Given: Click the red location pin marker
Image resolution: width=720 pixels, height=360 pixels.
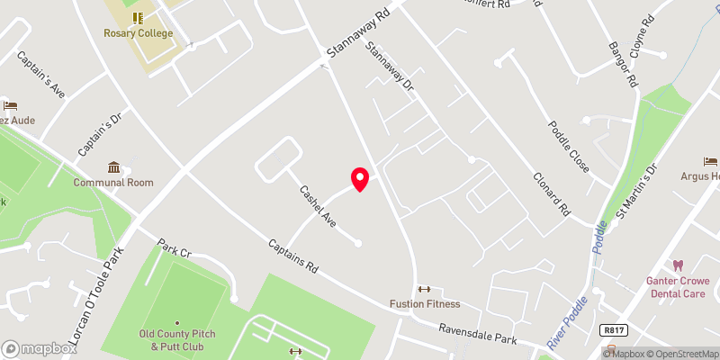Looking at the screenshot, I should click(x=360, y=179).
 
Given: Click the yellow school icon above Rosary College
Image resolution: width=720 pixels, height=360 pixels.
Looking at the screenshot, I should click(x=137, y=17).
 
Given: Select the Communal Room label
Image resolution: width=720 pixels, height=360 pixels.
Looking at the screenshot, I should click(x=113, y=183).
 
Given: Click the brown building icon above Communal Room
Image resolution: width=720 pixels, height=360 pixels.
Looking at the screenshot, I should click(x=114, y=167).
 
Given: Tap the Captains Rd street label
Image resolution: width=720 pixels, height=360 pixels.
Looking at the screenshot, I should click(x=293, y=256).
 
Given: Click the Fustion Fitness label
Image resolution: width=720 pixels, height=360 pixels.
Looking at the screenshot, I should click(x=425, y=304).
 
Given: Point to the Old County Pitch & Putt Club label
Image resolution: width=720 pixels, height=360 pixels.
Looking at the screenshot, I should click(x=177, y=339).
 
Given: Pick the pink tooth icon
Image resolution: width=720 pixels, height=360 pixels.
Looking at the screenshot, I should click(x=679, y=265).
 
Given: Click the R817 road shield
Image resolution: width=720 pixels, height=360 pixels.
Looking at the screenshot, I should click(x=614, y=330).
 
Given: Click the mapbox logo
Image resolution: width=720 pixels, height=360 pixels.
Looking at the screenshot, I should click(x=40, y=348).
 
